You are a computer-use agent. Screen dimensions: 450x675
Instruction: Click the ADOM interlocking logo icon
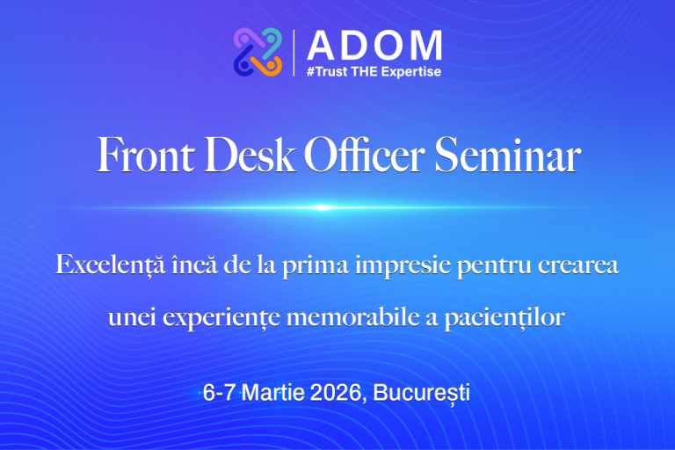tap(258, 52)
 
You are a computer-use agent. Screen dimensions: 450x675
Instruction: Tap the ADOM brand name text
tap(374, 44)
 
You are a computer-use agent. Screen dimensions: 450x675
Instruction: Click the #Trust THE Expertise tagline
tap(374, 71)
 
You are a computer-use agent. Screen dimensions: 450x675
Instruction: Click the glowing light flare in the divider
tap(323, 207)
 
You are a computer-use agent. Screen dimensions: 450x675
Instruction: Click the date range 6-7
tap(219, 394)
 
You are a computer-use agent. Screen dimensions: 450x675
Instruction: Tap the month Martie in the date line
tap(272, 394)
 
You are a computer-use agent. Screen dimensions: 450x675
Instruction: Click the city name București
tap(422, 394)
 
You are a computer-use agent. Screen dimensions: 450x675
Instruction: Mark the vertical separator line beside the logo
tap(294, 53)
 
